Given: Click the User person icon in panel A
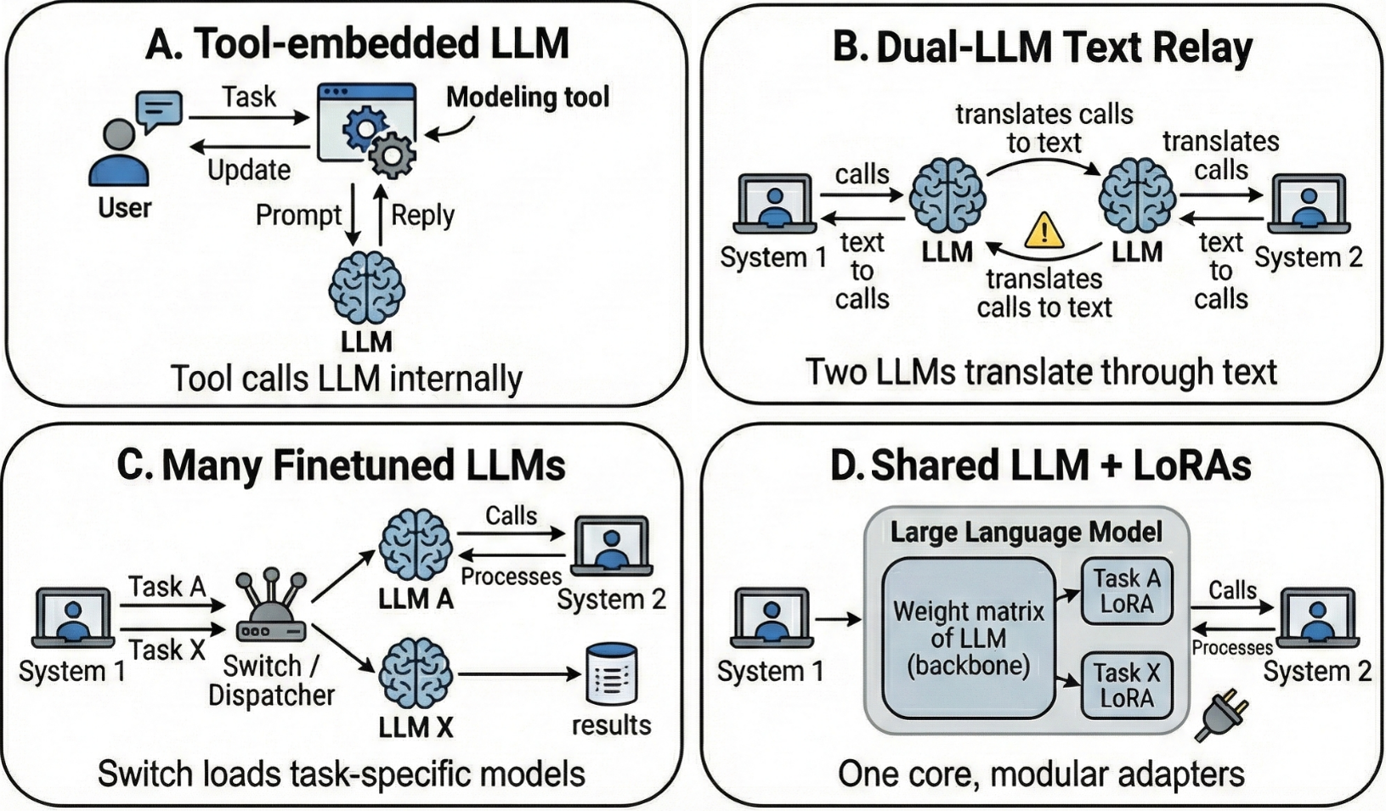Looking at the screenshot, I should tap(119, 153).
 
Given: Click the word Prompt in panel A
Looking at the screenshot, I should tap(298, 215).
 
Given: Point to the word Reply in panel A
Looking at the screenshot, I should tap(422, 215).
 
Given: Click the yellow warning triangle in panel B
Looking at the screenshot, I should tap(1044, 230).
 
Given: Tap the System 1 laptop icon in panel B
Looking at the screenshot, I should tap(773, 204).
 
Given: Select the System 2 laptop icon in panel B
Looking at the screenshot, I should tap(1309, 204).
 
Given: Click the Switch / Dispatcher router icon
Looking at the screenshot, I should tap(271, 608).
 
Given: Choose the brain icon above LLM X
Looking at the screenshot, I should tap(416, 675).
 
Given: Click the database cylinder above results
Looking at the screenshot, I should tap(612, 675).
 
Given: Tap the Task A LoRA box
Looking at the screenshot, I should tap(1126, 591).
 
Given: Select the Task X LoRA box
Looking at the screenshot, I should tap(1126, 685).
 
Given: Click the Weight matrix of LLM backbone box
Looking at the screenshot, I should tap(968, 639).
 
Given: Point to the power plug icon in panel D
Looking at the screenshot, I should tap(1221, 715).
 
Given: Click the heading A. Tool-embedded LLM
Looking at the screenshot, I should tap(357, 44).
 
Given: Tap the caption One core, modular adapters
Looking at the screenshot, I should tap(1041, 774).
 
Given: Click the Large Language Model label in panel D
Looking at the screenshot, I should tap(1026, 532).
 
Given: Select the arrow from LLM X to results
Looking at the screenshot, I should tap(518, 675).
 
